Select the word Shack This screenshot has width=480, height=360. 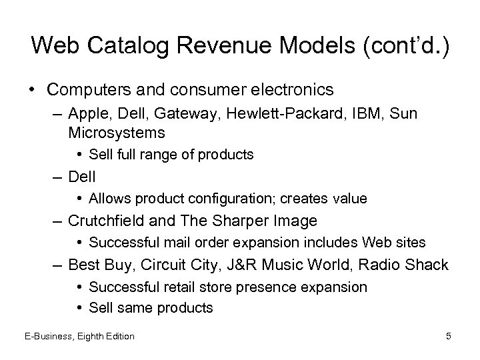pos(426,265)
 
